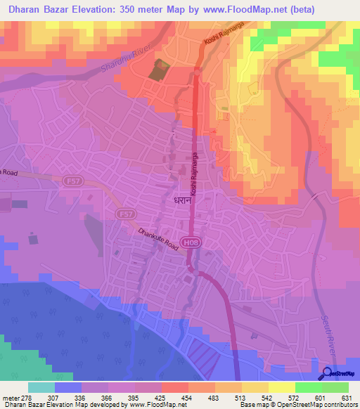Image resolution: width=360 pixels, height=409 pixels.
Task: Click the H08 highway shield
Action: pyautogui.click(x=188, y=242)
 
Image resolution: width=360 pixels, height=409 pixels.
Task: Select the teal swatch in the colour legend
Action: pyautogui.click(x=41, y=387)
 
